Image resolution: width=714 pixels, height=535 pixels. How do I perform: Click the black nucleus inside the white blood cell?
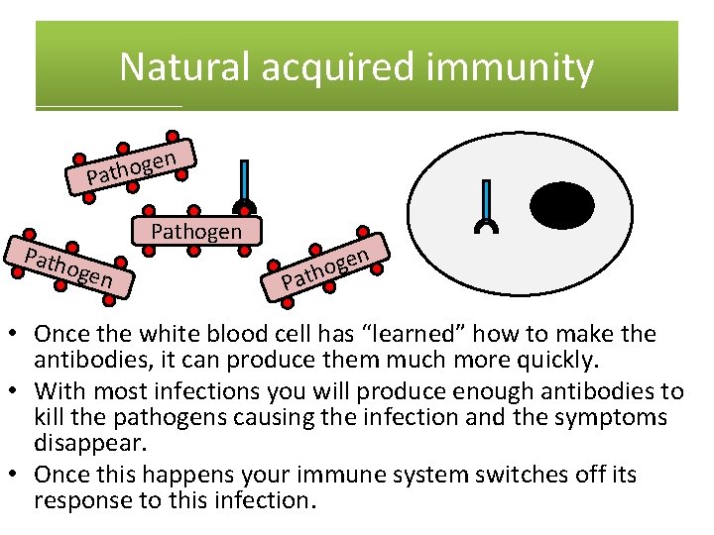click(562, 206)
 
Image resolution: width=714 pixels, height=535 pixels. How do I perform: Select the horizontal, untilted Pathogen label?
click(195, 232)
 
